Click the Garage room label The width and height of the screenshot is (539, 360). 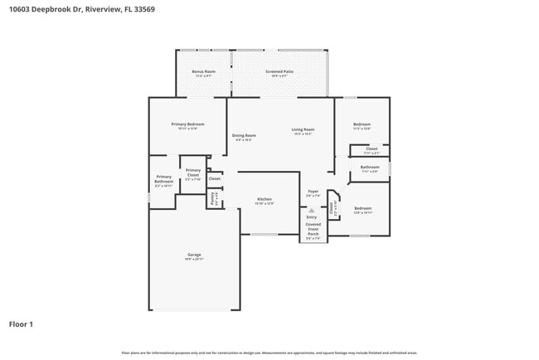point(193,255)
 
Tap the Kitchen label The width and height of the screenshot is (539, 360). point(265,199)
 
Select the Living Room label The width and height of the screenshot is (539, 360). point(303,129)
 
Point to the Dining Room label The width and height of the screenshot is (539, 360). point(244,135)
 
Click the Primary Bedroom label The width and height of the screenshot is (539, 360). point(187,124)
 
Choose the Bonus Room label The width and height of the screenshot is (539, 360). point(204,72)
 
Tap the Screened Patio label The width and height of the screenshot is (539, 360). point(279,72)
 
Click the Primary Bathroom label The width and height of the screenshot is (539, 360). point(163,178)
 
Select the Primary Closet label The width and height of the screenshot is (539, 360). point(192,173)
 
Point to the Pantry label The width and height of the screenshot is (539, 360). point(212,198)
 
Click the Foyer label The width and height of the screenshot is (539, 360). point(313,192)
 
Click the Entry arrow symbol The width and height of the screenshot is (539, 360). point(312,211)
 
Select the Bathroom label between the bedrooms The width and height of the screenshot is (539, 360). point(369,168)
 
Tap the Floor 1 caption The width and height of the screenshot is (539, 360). point(22,324)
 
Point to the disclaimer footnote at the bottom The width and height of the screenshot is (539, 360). point(269,353)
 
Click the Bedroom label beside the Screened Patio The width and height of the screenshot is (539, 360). point(362,124)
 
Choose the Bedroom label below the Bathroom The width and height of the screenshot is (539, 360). point(363,208)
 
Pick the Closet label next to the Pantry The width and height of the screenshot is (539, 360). point(214,178)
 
